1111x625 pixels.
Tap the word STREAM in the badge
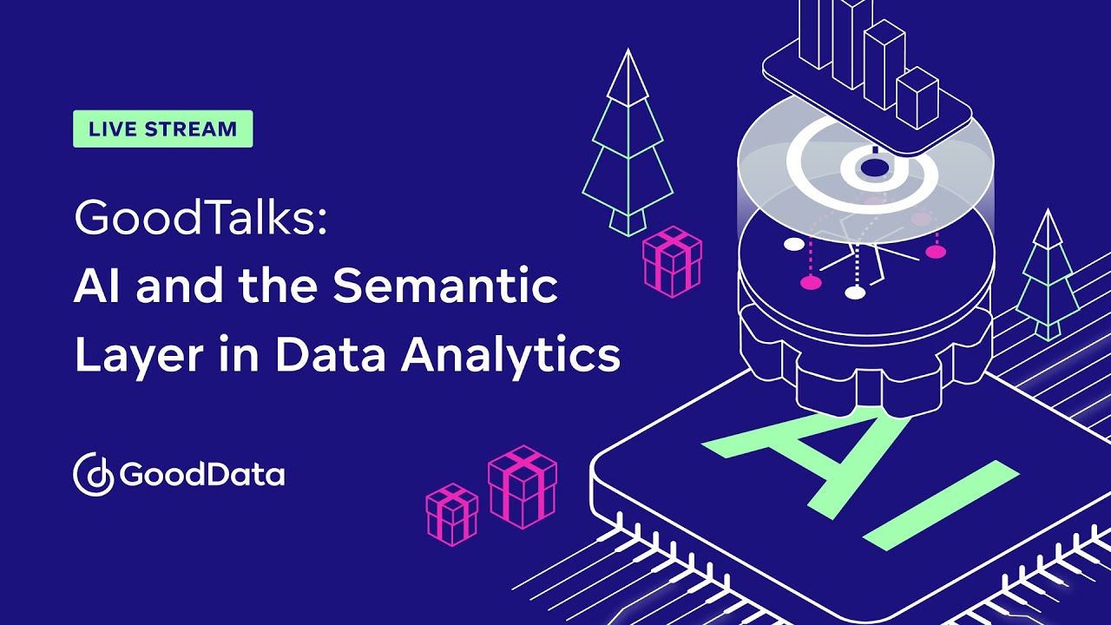pos(190,129)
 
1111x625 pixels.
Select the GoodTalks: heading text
pos(201,219)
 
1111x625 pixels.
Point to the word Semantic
pos(445,286)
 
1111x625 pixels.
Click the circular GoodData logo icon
pos(93,474)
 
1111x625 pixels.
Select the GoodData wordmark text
pos(202,475)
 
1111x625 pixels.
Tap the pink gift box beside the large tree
pos(672,261)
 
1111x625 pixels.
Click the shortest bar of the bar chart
pos(917,99)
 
